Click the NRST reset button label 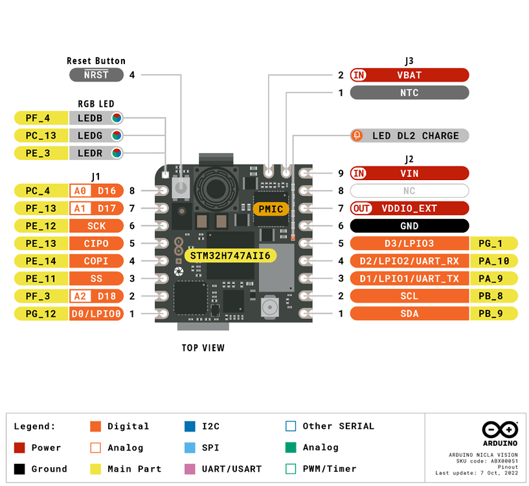[x=96, y=75]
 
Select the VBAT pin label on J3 [x=409, y=75]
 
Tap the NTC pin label [x=409, y=93]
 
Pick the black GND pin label [x=409, y=226]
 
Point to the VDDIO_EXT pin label [x=409, y=209]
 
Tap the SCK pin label [x=96, y=226]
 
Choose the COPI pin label [x=96, y=261]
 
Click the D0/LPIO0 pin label [x=96, y=314]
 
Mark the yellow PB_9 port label [x=493, y=314]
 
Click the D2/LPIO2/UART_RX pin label [x=409, y=261]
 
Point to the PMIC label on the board [x=271, y=209]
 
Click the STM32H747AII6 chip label [x=230, y=256]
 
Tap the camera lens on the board [x=216, y=188]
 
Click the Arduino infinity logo [x=500, y=430]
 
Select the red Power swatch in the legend [x=19, y=448]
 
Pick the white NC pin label [x=409, y=191]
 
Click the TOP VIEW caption [x=203, y=348]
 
